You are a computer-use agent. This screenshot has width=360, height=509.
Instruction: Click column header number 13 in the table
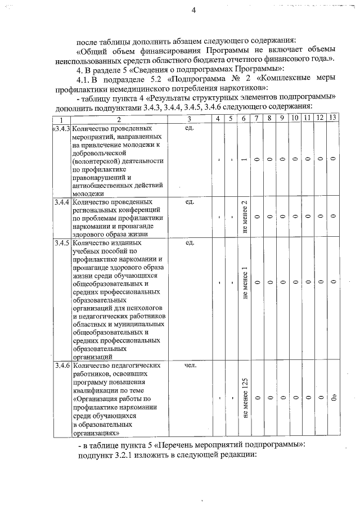click(x=333, y=118)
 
